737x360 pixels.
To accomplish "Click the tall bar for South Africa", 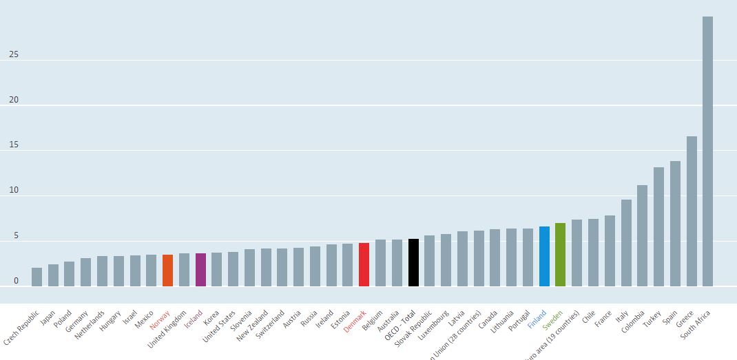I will [x=707, y=151].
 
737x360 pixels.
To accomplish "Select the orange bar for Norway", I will [x=167, y=271].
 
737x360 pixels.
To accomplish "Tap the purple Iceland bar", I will [x=200, y=270].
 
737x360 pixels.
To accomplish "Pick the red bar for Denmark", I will [x=364, y=264].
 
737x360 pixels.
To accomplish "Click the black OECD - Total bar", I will [x=413, y=262].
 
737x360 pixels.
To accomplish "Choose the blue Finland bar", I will [x=544, y=256].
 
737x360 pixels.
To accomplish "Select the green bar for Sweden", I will [x=560, y=255].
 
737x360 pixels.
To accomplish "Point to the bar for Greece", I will [x=692, y=211].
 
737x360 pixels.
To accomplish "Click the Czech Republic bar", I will [x=37, y=277].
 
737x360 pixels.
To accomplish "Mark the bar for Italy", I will [x=626, y=243].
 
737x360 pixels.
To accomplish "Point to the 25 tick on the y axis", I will [x=14, y=54].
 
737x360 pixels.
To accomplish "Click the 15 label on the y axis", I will [x=14, y=145].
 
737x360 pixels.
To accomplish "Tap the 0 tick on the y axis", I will [x=16, y=281].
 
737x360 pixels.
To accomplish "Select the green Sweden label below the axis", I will [x=552, y=320].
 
